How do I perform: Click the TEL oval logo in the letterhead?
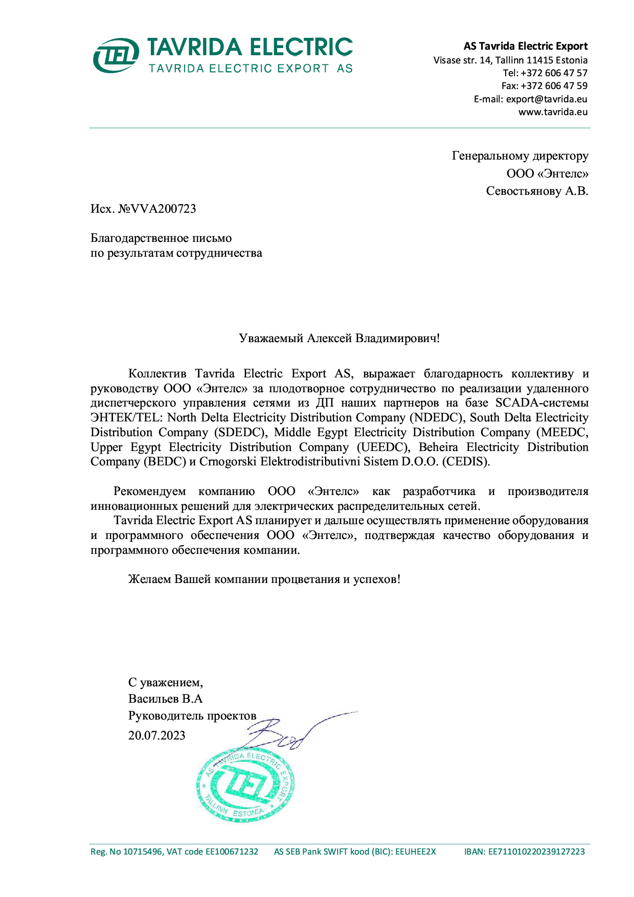pyautogui.click(x=116, y=55)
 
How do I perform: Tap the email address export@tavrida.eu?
pyautogui.click(x=547, y=99)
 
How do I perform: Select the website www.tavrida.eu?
pyautogui.click(x=553, y=112)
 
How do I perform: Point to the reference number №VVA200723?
pyautogui.click(x=157, y=209)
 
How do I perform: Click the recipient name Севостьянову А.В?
pyautogui.click(x=537, y=191)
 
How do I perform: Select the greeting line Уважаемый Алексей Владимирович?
pyautogui.click(x=339, y=339)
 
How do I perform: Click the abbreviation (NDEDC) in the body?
pyautogui.click(x=438, y=418)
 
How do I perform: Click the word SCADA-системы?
pyautogui.click(x=542, y=403)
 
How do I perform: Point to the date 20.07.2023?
pyautogui.click(x=156, y=736)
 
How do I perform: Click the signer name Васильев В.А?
pyautogui.click(x=166, y=699)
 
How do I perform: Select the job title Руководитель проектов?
pyautogui.click(x=192, y=716)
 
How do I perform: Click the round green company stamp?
pyautogui.click(x=245, y=786)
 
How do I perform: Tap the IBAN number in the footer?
pyautogui.click(x=536, y=852)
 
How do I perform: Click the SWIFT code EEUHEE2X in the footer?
pyautogui.click(x=416, y=852)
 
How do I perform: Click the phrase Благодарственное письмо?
pyautogui.click(x=161, y=238)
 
